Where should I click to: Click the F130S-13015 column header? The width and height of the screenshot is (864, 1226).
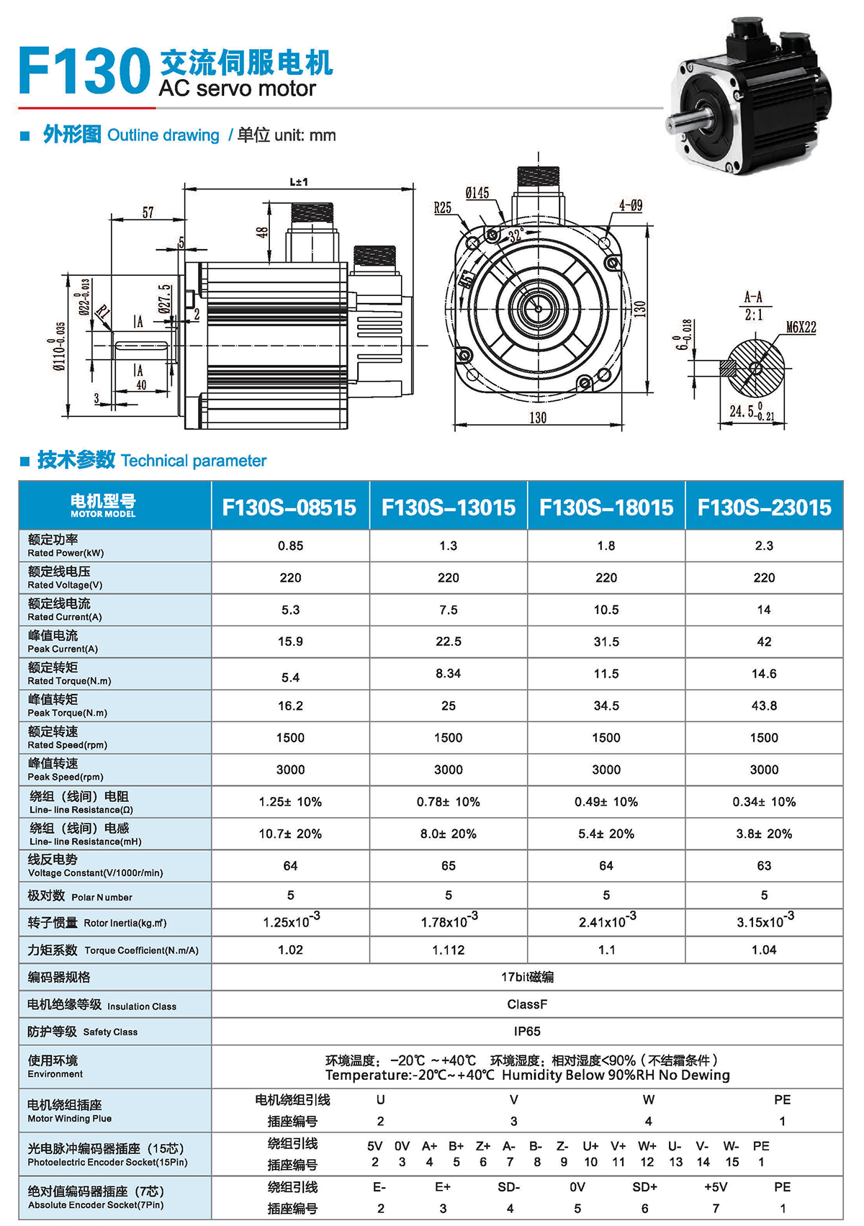point(448,507)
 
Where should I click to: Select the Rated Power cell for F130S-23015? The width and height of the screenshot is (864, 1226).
point(764,546)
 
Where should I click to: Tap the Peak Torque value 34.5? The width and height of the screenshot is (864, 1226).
point(606,706)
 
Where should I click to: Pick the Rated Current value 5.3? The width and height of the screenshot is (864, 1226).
point(290,610)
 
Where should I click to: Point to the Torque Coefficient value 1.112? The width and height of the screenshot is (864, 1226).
point(448,950)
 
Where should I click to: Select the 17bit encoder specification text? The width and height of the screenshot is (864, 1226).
point(527,977)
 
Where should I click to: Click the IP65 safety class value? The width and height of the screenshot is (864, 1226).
point(527,1031)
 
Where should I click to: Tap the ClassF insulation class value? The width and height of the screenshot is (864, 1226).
point(527,1004)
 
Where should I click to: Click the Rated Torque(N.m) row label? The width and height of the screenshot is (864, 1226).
point(70,681)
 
